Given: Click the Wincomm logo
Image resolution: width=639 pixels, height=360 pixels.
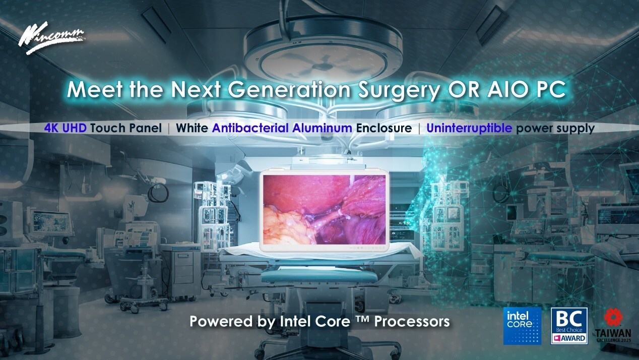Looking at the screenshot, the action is pyautogui.click(x=51, y=38).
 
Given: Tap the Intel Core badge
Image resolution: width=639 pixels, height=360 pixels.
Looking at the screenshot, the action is pyautogui.click(x=522, y=326).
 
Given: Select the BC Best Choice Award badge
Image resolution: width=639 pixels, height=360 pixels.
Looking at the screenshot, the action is pyautogui.click(x=569, y=326).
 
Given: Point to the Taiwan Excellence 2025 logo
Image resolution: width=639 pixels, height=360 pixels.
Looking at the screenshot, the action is pyautogui.click(x=613, y=325).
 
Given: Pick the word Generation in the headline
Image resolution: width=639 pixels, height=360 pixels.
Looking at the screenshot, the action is pyautogui.click(x=289, y=89).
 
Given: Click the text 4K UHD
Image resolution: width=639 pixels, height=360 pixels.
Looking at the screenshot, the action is pyautogui.click(x=66, y=128).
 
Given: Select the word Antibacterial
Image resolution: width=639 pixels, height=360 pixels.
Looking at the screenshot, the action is pyautogui.click(x=250, y=128).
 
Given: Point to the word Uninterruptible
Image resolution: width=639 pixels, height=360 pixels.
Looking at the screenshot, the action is pyautogui.click(x=469, y=128).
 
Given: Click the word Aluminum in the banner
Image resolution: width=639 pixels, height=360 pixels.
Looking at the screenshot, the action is pyautogui.click(x=322, y=128).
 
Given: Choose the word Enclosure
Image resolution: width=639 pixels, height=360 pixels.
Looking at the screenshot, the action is pyautogui.click(x=384, y=128).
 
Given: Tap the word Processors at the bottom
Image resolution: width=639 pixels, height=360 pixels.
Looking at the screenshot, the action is pyautogui.click(x=412, y=321).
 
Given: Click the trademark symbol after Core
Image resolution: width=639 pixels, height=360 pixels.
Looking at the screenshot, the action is pyautogui.click(x=362, y=318).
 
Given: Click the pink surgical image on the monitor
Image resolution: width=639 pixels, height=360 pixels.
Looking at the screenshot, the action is pyautogui.click(x=325, y=210).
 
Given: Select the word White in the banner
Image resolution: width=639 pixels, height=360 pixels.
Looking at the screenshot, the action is pyautogui.click(x=191, y=128).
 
